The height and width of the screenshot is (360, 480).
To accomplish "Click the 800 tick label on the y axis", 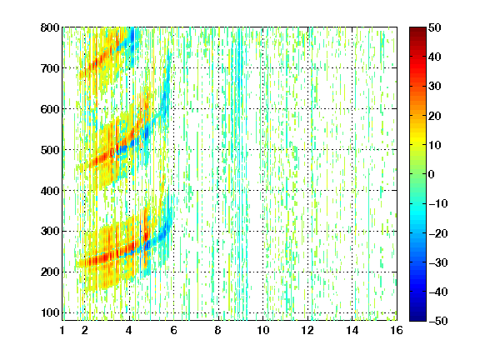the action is click(50, 27).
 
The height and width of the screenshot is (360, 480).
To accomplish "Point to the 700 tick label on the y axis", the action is click(50, 68).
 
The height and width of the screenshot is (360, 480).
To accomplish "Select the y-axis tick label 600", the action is click(50, 109).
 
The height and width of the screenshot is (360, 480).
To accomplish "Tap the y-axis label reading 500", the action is click(50, 150).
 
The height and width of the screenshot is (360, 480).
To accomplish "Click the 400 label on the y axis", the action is click(50, 191).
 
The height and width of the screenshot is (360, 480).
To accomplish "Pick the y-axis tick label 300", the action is click(50, 232).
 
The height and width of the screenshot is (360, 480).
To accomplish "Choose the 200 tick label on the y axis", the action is click(50, 272).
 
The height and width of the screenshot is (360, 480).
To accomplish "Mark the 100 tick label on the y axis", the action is click(50, 312).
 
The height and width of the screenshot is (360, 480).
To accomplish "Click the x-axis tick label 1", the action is click(62, 330).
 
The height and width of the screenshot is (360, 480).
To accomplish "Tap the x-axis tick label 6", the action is click(173, 330).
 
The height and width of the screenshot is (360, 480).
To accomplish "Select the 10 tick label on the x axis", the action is click(263, 330).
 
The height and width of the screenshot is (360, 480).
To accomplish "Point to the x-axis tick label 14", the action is click(352, 330).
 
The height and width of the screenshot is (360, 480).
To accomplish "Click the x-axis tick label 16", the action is click(397, 330).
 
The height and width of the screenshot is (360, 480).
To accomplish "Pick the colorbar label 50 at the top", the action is click(434, 27).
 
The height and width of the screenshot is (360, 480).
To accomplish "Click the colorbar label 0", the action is click(432, 174).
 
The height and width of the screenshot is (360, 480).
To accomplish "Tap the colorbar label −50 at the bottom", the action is click(438, 321).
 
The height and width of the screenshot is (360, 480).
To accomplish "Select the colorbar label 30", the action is click(434, 87).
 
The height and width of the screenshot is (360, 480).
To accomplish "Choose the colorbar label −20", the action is click(438, 233).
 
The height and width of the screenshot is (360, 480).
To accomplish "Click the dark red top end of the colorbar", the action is click(417, 29).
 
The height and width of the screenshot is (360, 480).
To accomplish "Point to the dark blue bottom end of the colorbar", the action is click(417, 319).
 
